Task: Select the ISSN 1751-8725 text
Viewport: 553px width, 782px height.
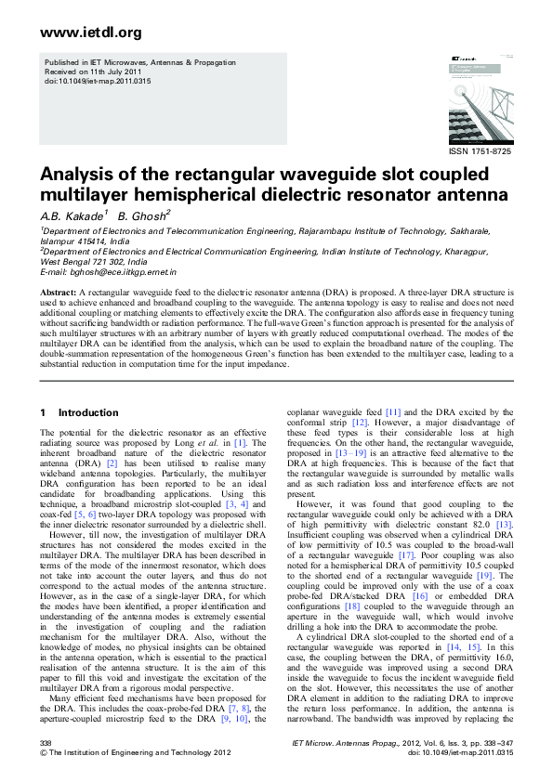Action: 480,150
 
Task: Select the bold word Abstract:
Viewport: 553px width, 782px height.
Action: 58,292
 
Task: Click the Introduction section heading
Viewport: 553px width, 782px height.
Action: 88,412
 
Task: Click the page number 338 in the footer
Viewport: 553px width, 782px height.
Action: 46,743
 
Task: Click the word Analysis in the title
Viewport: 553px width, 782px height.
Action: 77,176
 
